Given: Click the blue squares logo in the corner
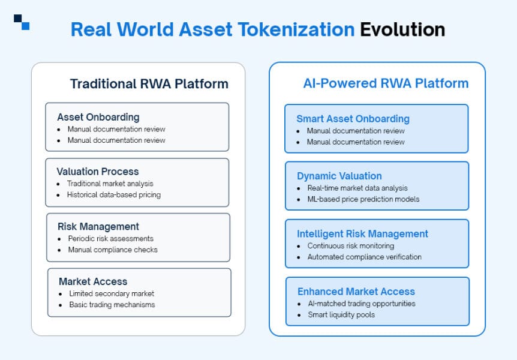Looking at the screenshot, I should pos(22,22).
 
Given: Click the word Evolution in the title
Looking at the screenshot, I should pos(402,29).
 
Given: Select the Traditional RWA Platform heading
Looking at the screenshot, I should pos(149,83).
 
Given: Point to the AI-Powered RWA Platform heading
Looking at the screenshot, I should pos(386,83).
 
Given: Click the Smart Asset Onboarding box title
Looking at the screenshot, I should pos(353,119).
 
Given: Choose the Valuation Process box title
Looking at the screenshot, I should pos(97,172).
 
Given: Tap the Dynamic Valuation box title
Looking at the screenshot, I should pos(339,176).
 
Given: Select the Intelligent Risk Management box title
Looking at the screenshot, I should pos(362,234).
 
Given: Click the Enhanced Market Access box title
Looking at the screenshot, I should pos(356,292).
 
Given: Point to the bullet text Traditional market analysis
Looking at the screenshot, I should pos(110,184).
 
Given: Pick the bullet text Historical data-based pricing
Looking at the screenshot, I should pos(114,194).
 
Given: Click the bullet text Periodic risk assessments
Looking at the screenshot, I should pos(110,238).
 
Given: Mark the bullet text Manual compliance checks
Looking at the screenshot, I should pos(112,249).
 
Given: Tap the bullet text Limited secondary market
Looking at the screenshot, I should pos(112,293).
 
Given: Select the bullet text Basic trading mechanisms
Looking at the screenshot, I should pos(112,304).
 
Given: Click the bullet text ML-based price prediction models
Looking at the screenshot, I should pos(363,199).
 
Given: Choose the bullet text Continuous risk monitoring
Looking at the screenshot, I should pos(351,245).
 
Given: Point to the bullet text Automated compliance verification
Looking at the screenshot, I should pos(364,257).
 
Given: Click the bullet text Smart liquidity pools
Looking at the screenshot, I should pos(341,314).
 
